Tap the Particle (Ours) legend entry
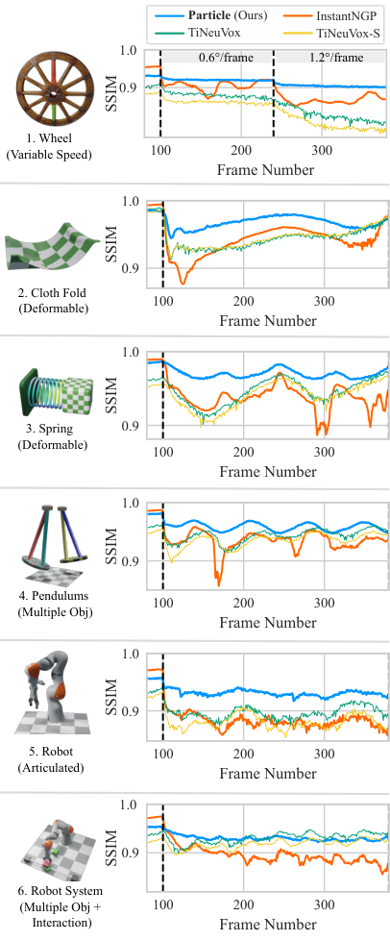[211, 13]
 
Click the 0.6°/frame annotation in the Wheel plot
[226, 58]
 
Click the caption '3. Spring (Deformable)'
[54, 438]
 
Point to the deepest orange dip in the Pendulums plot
[219, 584]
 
